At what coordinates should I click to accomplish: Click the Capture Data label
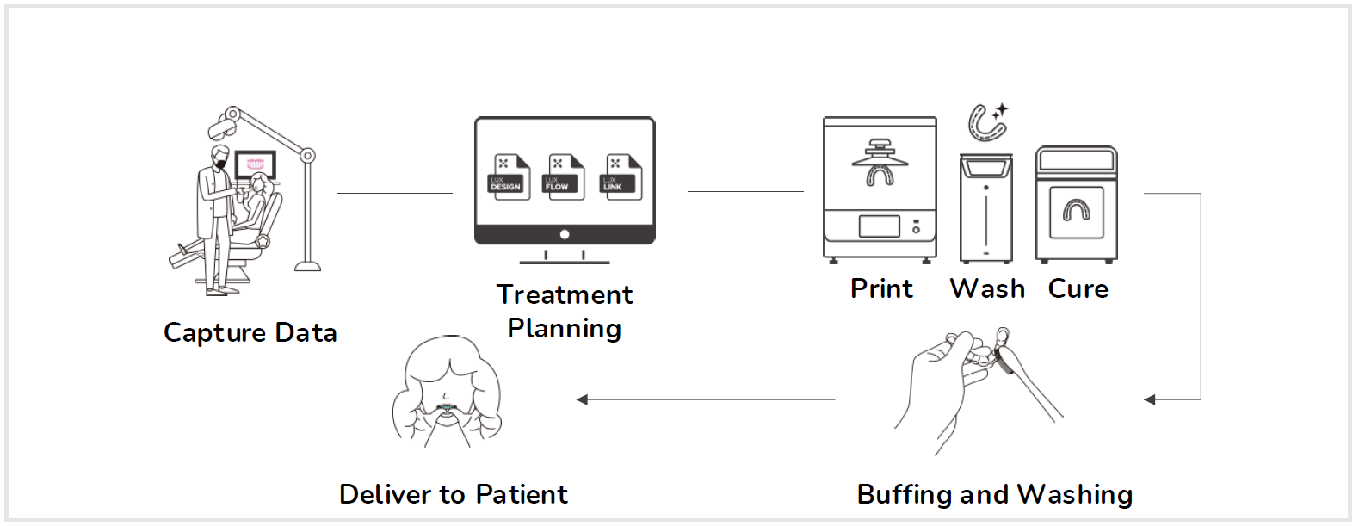[x=250, y=333]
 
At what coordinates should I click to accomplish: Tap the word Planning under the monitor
[x=565, y=329]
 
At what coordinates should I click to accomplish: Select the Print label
[x=881, y=288]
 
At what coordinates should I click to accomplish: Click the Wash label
[x=987, y=288]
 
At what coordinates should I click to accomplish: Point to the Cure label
[x=1078, y=288]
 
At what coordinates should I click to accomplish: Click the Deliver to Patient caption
[x=454, y=494]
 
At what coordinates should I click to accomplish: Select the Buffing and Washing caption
[x=995, y=494]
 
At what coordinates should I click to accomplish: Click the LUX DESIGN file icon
[x=508, y=177]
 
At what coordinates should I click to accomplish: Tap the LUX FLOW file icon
[x=565, y=177]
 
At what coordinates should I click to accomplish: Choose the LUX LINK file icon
[x=621, y=177]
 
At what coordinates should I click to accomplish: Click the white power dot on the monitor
[x=565, y=234]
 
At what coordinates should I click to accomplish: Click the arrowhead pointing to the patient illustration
[x=583, y=399]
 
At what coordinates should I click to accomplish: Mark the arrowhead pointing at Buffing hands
[x=1150, y=399]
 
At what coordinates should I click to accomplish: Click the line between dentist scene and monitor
[x=394, y=193]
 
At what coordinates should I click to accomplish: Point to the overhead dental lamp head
[x=221, y=127]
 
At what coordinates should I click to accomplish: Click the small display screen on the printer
[x=879, y=226]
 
